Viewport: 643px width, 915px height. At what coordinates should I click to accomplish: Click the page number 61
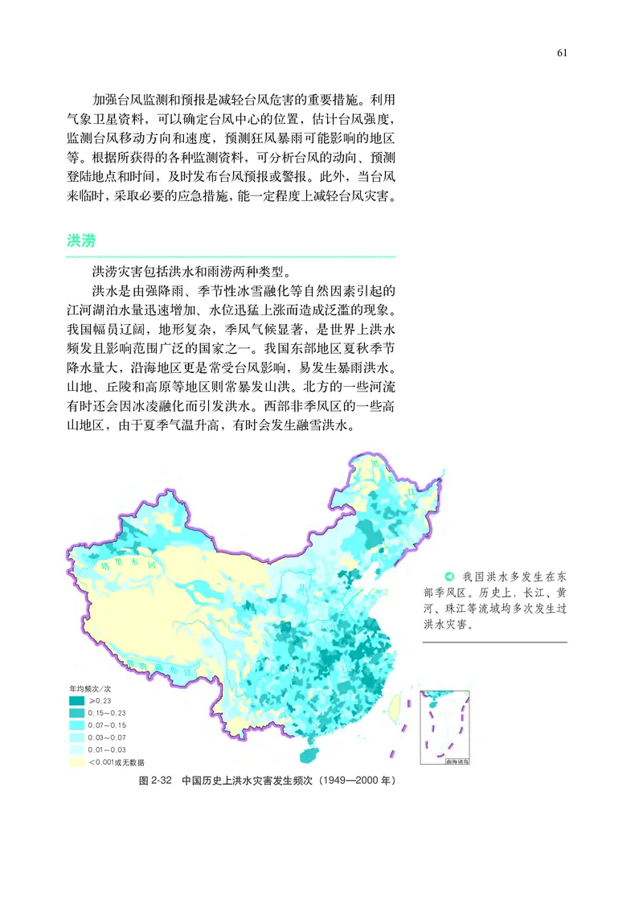562,53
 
